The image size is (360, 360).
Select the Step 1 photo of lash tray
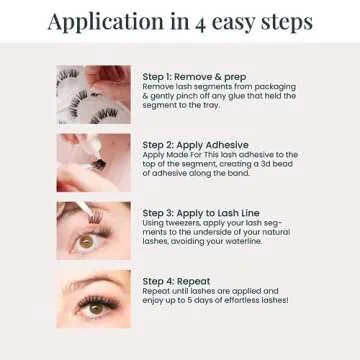pyautogui.click(x=93, y=95)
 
